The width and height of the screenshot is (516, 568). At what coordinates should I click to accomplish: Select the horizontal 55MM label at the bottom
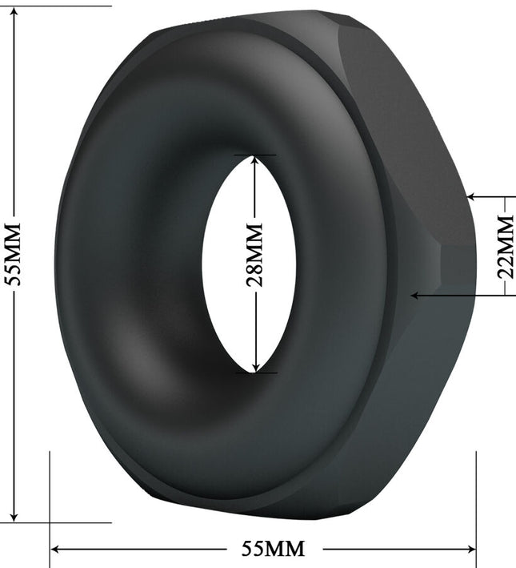click(x=274, y=549)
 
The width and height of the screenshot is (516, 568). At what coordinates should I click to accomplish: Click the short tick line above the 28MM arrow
click(x=255, y=155)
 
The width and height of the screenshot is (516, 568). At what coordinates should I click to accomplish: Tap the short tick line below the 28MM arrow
click(x=255, y=372)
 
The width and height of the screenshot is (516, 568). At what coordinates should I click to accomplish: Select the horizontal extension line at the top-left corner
click(x=56, y=6)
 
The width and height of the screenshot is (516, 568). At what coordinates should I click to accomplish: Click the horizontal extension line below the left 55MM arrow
click(x=56, y=523)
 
